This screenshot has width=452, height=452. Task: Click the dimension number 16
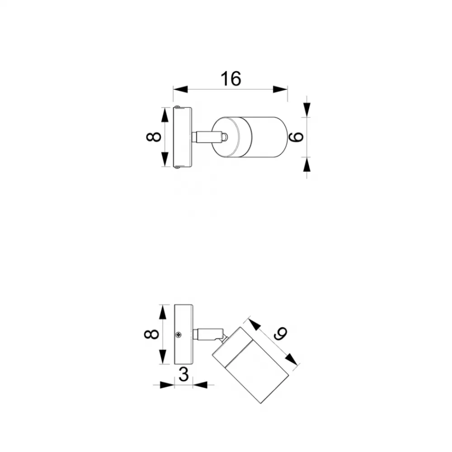click(x=231, y=79)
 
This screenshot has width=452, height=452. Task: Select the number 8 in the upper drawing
click(x=154, y=137)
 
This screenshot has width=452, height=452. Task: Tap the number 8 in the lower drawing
click(x=151, y=334)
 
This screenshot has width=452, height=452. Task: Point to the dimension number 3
click(x=184, y=374)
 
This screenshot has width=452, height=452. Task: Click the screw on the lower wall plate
click(x=179, y=334)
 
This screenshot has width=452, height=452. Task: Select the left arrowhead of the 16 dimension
click(x=180, y=89)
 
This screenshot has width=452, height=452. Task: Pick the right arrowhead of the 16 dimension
click(x=280, y=89)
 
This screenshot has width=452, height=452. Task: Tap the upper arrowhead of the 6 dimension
click(x=307, y=110)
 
